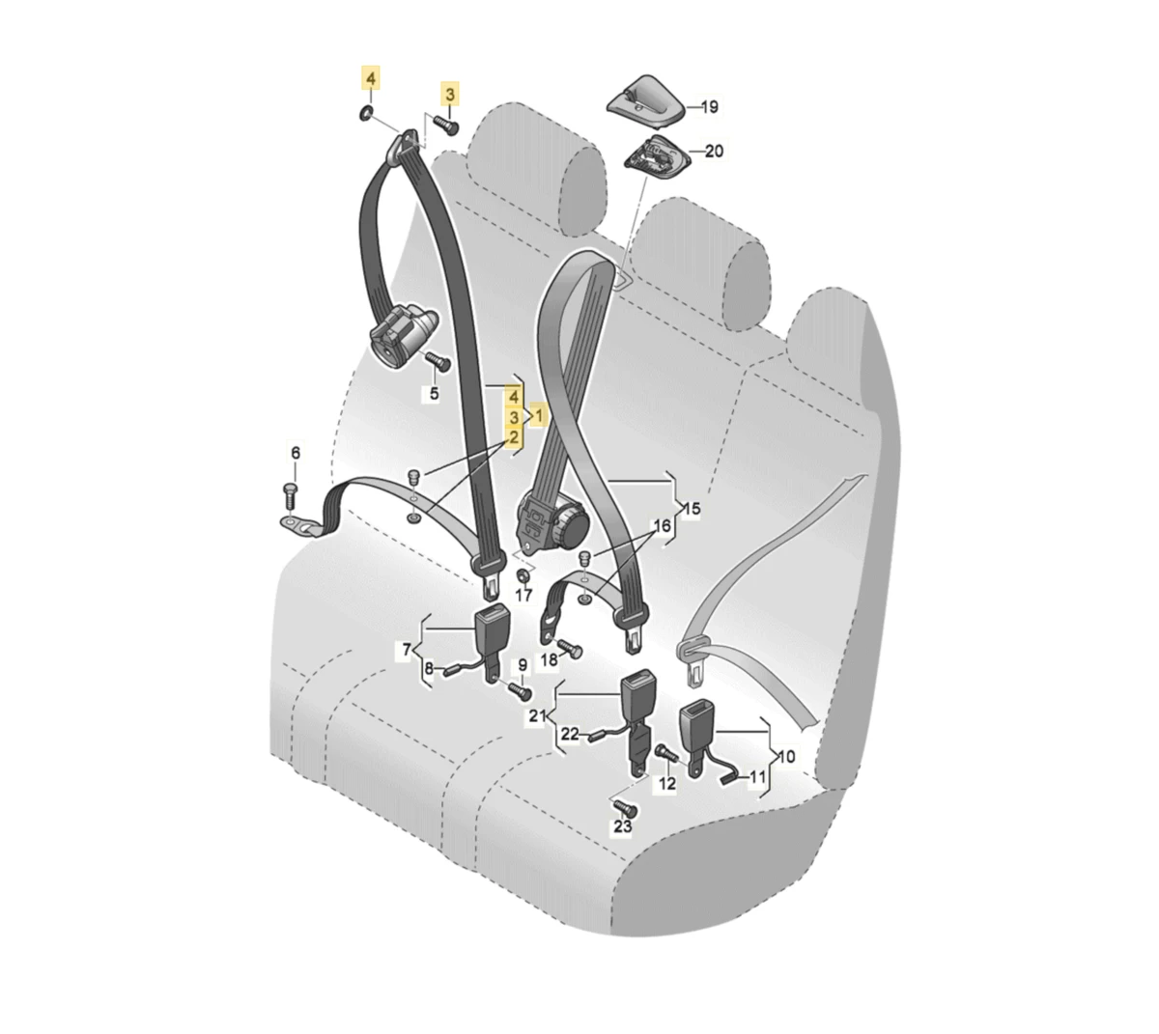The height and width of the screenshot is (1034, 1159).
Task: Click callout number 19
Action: (709, 107)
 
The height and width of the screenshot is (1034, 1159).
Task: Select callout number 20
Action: (714, 151)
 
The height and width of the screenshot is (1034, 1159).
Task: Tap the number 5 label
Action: (435, 394)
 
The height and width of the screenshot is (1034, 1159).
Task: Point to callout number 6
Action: (296, 453)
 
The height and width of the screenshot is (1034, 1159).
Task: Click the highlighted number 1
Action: (538, 415)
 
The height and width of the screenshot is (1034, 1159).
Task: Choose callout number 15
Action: (692, 509)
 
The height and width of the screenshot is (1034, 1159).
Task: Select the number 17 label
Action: (523, 596)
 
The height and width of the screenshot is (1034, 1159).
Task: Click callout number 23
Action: (622, 826)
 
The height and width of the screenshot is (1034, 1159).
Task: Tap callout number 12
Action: (667, 783)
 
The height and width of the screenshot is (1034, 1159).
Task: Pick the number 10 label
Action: (786, 757)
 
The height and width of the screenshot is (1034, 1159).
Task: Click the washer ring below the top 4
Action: (365, 113)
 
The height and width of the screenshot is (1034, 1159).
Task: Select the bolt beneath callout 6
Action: (290, 496)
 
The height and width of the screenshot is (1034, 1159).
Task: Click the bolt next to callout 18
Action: (570, 648)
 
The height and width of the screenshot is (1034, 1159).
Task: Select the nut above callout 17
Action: (522, 574)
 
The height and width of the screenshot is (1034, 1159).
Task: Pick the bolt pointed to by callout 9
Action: (520, 691)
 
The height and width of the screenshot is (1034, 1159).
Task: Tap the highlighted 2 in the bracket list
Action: (513, 437)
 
